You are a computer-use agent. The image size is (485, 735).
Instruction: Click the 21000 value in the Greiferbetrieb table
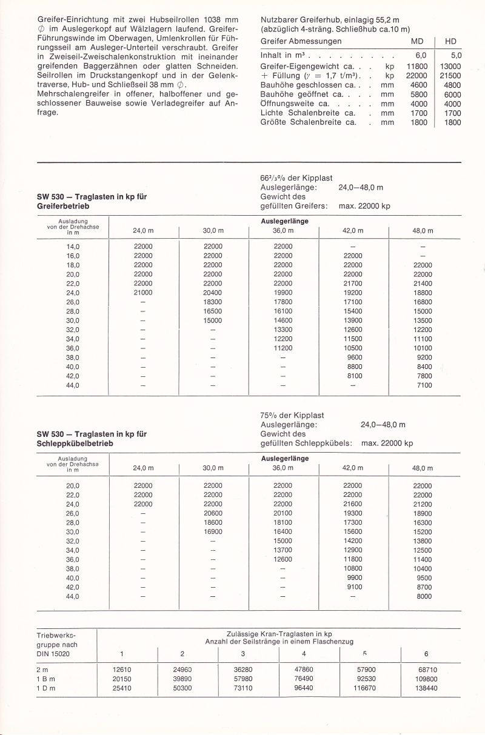pos(143,293)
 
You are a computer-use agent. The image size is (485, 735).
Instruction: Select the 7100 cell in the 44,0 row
pos(422,385)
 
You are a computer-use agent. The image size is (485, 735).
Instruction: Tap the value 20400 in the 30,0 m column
pos(213,293)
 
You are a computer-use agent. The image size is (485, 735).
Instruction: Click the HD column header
pos(450,41)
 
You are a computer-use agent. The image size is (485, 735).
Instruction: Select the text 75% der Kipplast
pos(291,415)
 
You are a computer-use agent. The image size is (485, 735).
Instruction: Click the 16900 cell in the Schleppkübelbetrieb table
pos(213,531)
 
